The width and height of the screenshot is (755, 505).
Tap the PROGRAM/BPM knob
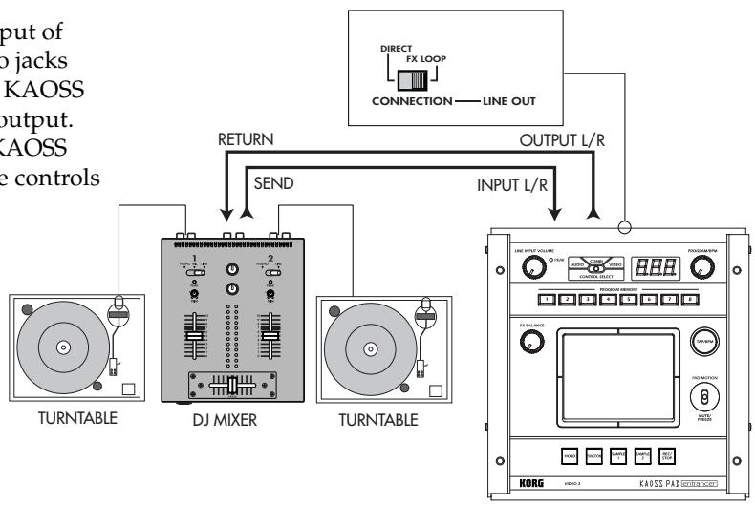[704, 269]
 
